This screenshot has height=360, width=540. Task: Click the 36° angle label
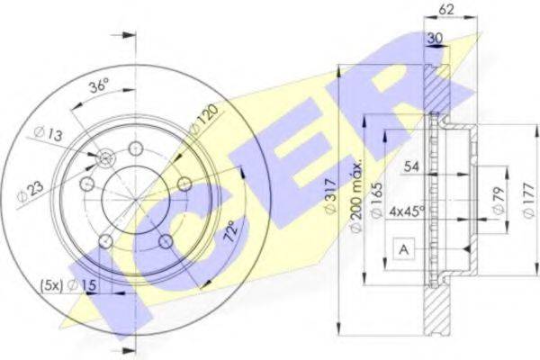(99, 85)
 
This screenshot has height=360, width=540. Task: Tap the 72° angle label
(231, 230)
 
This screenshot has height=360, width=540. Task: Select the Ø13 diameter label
(49, 134)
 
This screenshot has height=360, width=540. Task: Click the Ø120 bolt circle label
(204, 119)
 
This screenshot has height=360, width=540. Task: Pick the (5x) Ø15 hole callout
(68, 285)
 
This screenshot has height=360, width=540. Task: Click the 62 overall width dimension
(446, 10)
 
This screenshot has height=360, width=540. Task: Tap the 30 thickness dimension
(435, 38)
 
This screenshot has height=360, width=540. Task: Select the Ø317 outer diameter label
(330, 197)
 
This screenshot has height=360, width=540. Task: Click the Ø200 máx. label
(356, 196)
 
